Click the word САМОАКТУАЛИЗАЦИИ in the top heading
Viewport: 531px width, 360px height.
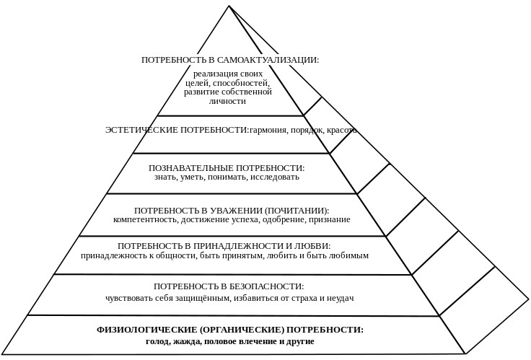coord(268,60)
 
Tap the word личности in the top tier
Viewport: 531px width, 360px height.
coord(227,101)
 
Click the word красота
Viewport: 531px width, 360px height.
coord(342,131)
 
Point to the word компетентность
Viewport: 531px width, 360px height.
coord(145,220)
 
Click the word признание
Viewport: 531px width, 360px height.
coord(329,220)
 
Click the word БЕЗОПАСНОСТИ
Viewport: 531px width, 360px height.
coord(262,286)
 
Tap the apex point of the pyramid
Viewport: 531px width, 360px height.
coord(229,6)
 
